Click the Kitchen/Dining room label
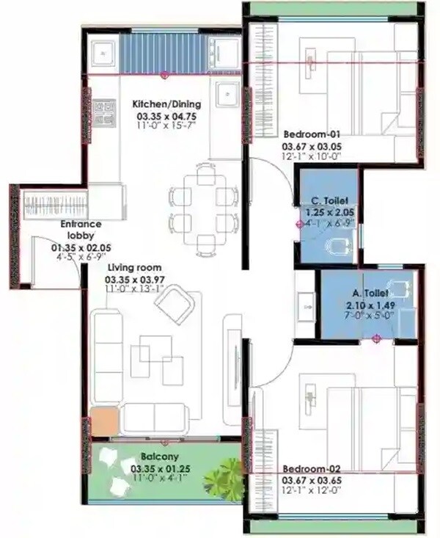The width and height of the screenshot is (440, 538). (164, 104)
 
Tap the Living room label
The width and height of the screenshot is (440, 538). (134, 268)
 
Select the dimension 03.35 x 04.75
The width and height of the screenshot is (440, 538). (164, 116)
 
